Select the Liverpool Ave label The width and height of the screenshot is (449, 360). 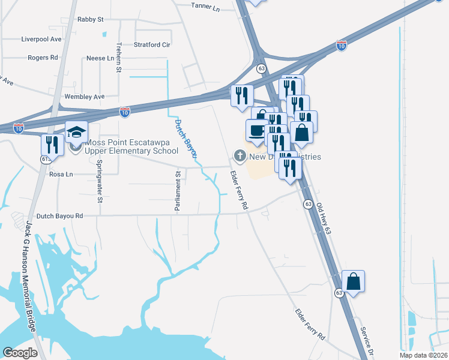point(41,39)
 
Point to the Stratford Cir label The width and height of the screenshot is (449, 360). point(152,44)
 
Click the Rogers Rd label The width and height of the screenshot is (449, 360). point(43,58)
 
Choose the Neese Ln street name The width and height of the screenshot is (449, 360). point(100,58)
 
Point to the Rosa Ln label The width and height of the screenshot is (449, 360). point(61,174)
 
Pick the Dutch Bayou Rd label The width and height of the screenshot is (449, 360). point(58,215)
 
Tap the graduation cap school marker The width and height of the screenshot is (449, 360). point(77,133)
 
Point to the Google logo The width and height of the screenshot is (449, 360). point(20,352)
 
